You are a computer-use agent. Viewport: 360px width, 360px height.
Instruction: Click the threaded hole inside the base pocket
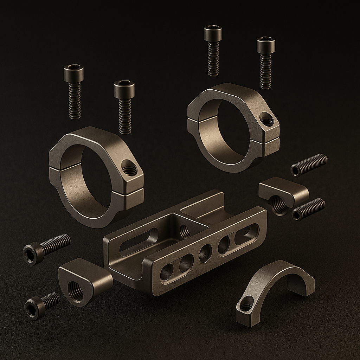(x=184, y=231)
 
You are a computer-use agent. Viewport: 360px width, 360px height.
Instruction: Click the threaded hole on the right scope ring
(x=267, y=121)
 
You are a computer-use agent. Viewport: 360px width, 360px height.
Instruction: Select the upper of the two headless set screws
(x=309, y=165)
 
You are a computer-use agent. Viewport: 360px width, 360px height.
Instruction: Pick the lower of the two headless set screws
(x=308, y=209)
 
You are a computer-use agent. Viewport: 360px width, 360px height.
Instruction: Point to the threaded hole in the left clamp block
(x=75, y=291)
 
